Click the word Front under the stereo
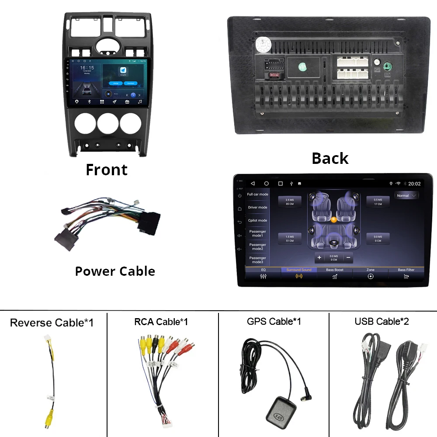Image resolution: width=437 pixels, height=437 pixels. (x=107, y=170)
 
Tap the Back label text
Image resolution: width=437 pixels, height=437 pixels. (x=330, y=158)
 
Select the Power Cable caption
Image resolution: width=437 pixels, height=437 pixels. (x=115, y=271)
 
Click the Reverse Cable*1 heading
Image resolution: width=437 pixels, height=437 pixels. (x=52, y=323)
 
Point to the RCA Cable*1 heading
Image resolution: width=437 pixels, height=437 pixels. (x=161, y=322)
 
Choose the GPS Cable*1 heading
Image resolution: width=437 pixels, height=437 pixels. (x=274, y=322)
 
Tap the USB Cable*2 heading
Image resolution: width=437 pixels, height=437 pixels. (x=382, y=322)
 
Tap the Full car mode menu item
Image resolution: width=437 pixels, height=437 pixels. (x=258, y=194)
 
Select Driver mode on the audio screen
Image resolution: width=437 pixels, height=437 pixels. (x=258, y=208)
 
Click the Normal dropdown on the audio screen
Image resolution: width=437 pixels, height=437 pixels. (x=406, y=196)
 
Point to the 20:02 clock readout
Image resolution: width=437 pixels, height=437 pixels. (x=414, y=184)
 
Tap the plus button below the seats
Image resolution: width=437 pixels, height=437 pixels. (x=319, y=258)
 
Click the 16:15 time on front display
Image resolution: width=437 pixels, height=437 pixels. (x=87, y=68)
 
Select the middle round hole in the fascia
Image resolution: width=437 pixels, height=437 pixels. (x=108, y=124)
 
